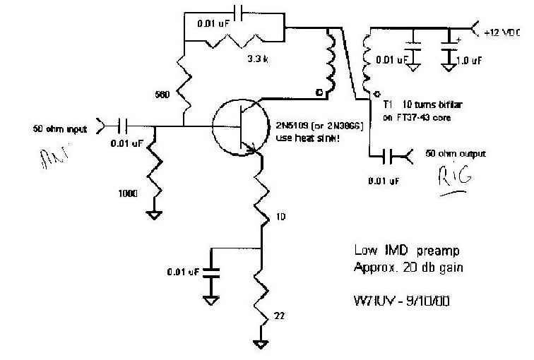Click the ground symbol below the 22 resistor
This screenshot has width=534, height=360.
point(263,344)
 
